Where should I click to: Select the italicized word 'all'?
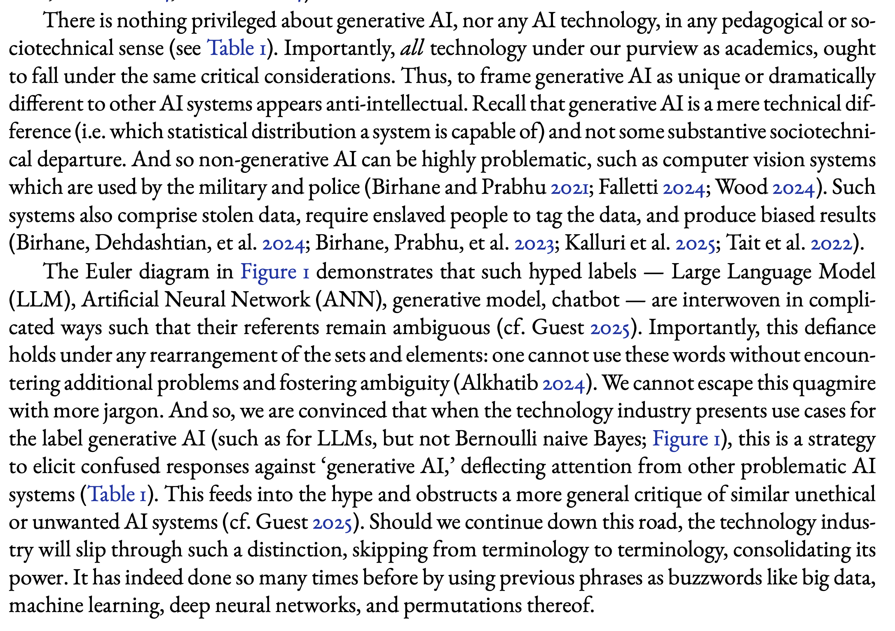(x=412, y=48)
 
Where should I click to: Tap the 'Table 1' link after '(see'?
(x=236, y=48)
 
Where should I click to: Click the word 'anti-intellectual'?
(x=396, y=104)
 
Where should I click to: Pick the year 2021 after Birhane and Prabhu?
(x=570, y=188)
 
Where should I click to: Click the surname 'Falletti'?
(x=628, y=187)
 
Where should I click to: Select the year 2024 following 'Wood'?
(x=793, y=188)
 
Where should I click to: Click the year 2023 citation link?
(x=534, y=244)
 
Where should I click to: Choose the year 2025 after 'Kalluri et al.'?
(x=695, y=244)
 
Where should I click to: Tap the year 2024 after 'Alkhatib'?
(x=563, y=384)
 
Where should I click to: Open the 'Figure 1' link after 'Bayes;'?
(x=686, y=439)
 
